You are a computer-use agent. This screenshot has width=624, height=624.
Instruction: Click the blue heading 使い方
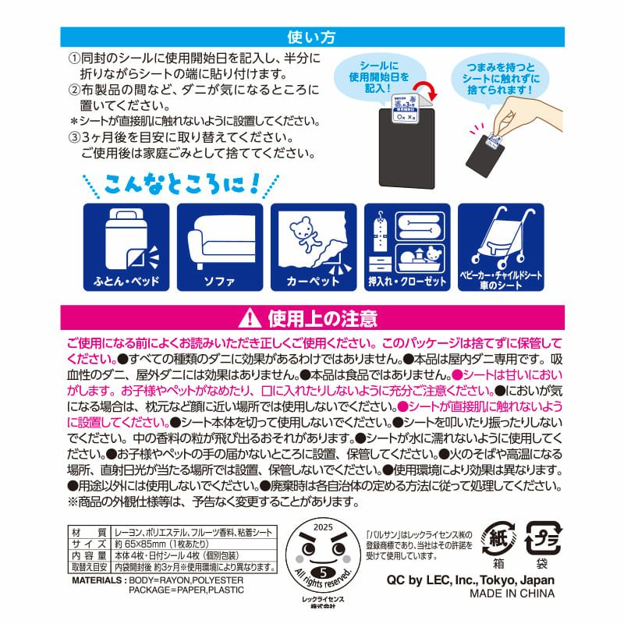(x=311, y=36)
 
